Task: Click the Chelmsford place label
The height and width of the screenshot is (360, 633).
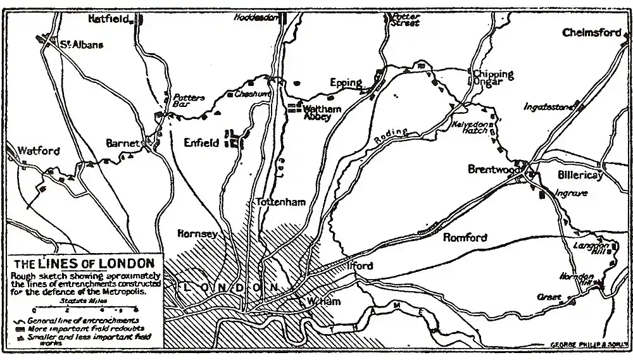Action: pyautogui.click(x=592, y=33)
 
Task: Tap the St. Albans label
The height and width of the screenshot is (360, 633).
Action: pyautogui.click(x=81, y=45)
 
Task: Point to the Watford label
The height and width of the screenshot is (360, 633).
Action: pyautogui.click(x=39, y=151)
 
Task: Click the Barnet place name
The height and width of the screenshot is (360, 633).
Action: pyautogui.click(x=122, y=144)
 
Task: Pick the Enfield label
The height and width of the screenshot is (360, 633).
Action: pyautogui.click(x=201, y=143)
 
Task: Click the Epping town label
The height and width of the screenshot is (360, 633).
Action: pyautogui.click(x=346, y=83)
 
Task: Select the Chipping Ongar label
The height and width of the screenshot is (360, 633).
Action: pyautogui.click(x=493, y=78)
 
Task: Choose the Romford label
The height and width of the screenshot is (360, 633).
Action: pyautogui.click(x=465, y=238)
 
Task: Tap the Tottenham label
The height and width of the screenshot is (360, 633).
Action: pyautogui.click(x=280, y=202)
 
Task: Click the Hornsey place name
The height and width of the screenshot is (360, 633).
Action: pyautogui.click(x=198, y=234)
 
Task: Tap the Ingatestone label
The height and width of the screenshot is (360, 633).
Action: pyautogui.click(x=548, y=107)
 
